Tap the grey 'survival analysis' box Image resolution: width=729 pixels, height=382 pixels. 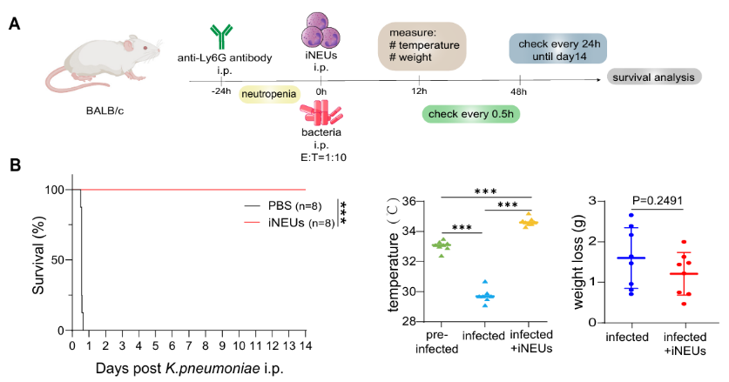tap(655, 77)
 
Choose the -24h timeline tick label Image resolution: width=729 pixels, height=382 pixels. tap(219, 91)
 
